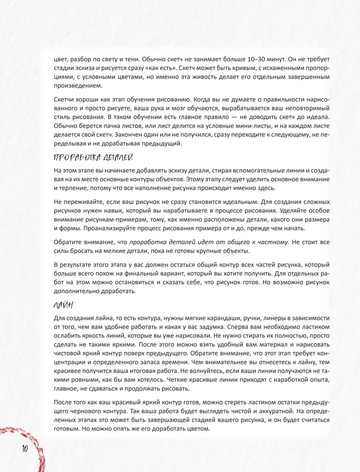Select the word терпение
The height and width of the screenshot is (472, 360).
point(69,188)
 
